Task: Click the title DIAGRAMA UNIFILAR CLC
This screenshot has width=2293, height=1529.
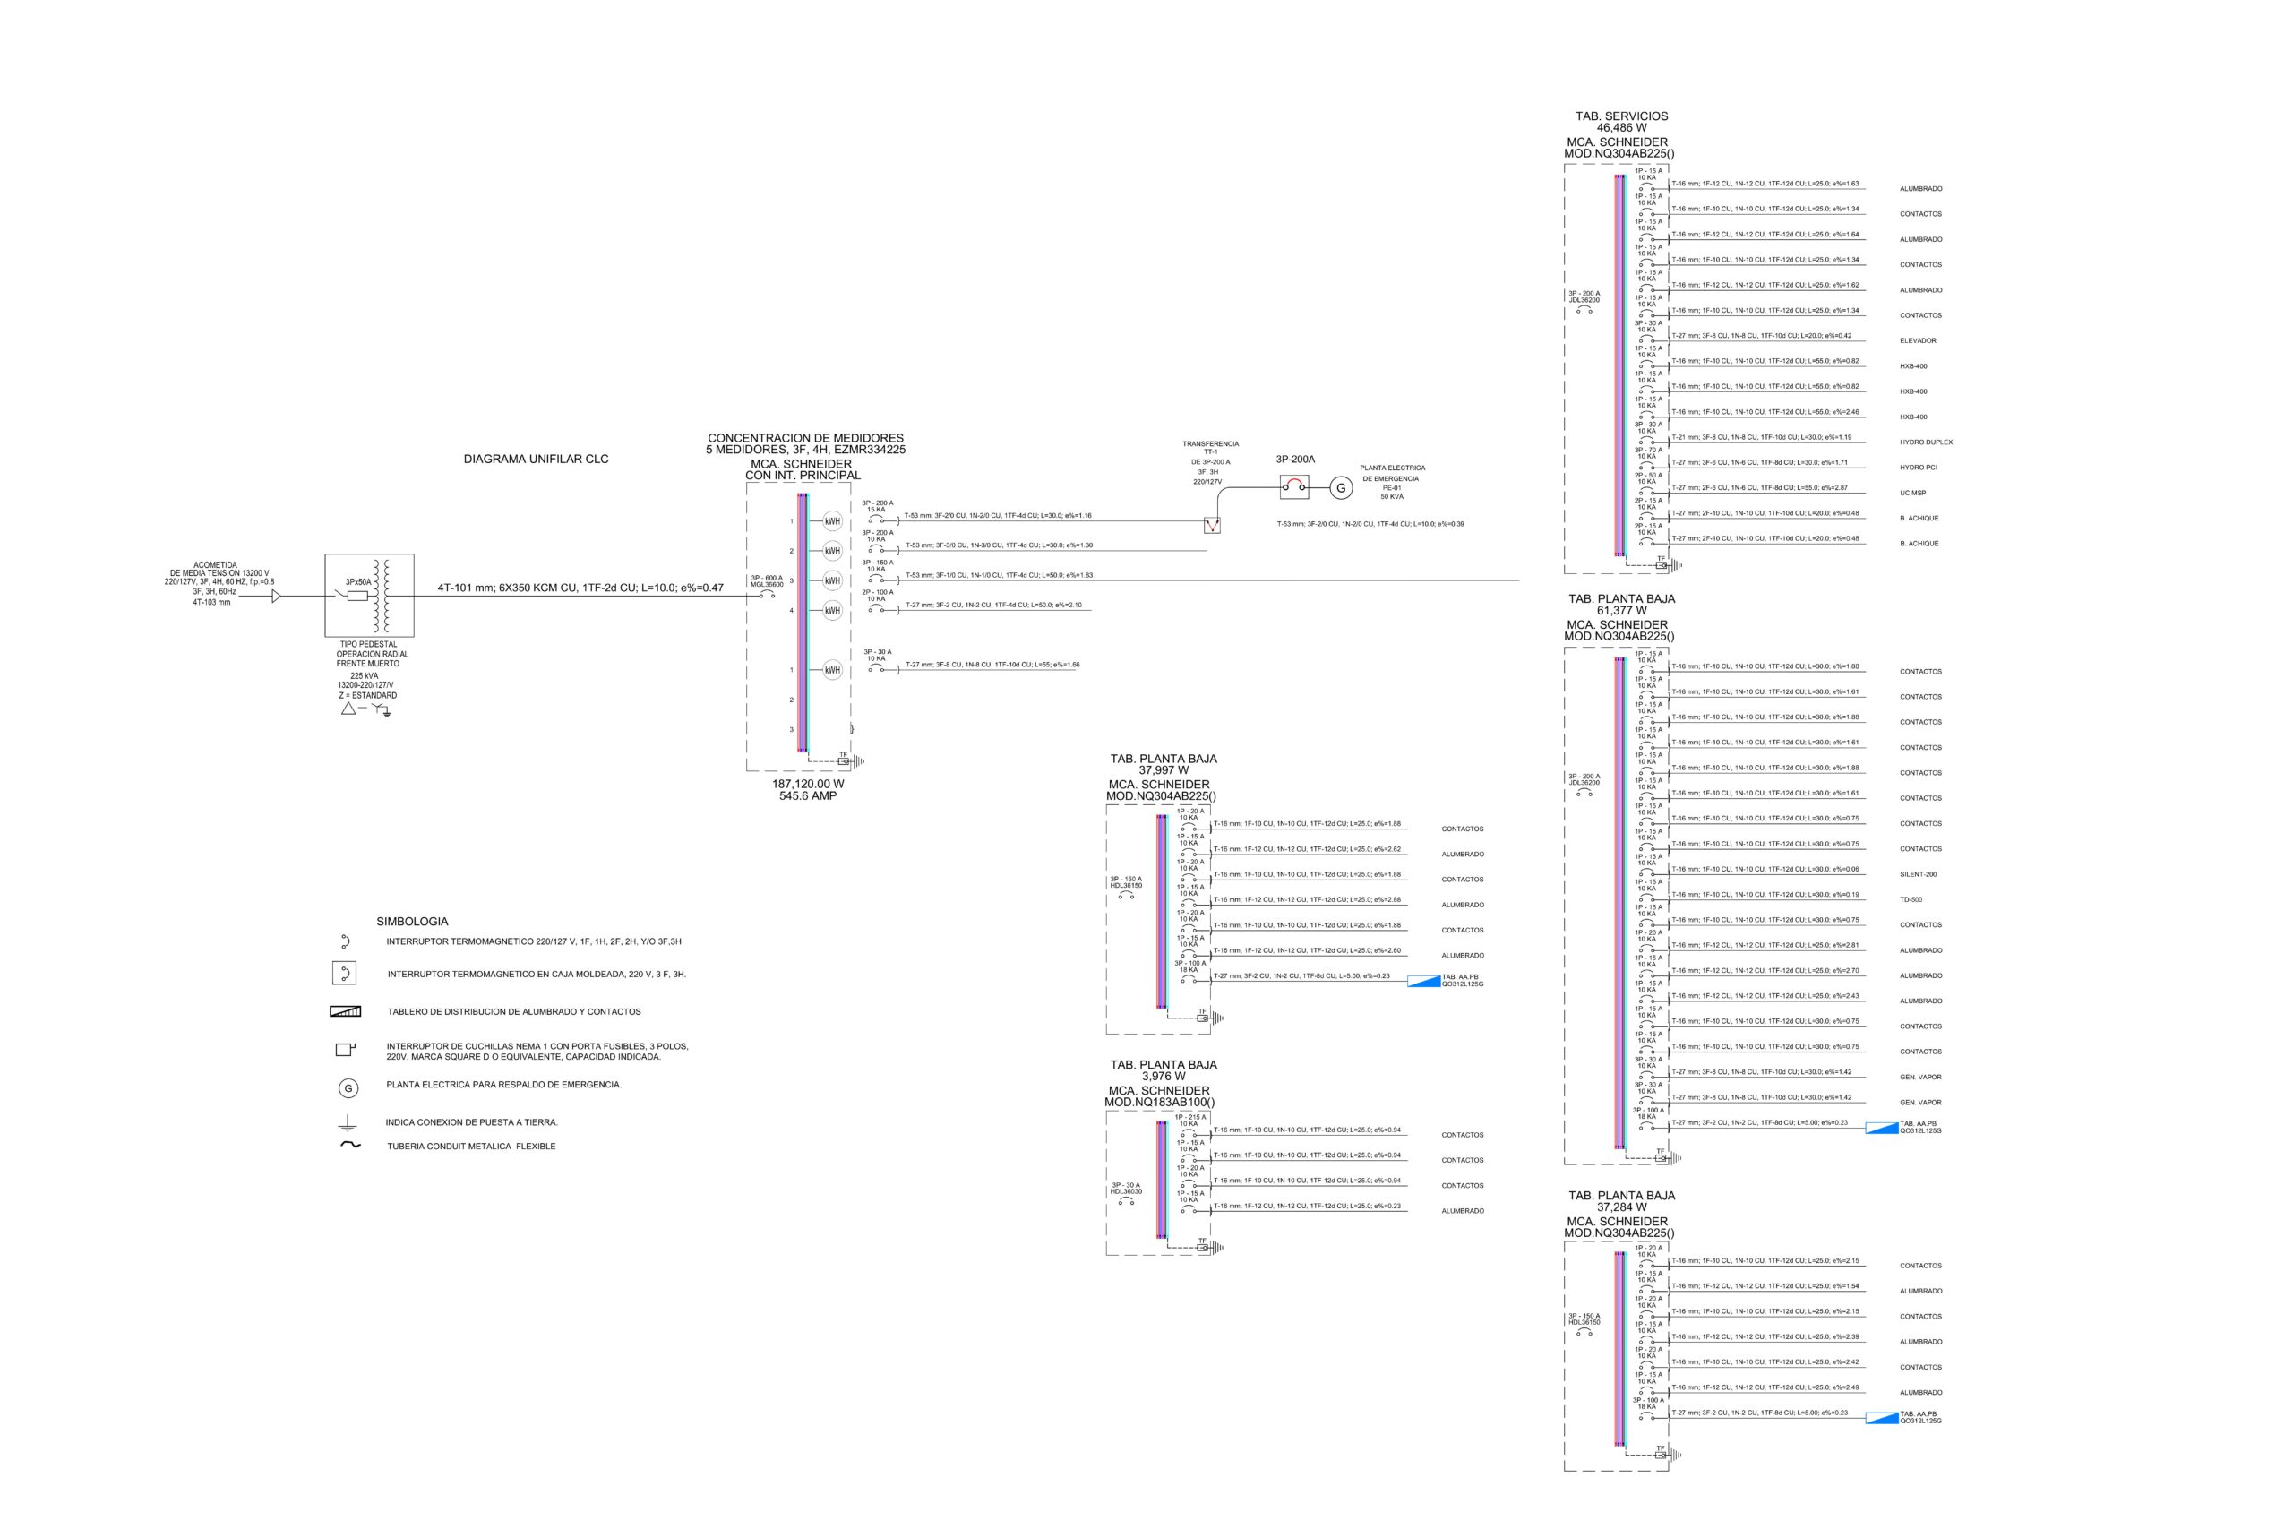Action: (536, 460)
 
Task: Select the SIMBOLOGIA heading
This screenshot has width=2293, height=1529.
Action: (412, 922)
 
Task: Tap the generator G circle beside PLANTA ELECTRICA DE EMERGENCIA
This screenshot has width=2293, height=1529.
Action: (1341, 488)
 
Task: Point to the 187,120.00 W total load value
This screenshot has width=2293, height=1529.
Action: (807, 784)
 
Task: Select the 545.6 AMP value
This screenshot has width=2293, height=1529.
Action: (807, 795)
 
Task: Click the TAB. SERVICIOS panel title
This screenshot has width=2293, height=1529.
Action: (1621, 116)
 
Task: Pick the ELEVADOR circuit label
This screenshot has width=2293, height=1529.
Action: (1918, 341)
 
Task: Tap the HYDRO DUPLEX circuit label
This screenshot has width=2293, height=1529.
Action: (1926, 442)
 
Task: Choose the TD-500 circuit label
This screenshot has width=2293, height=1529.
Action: (1911, 900)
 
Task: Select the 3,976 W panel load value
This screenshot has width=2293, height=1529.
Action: (1164, 1077)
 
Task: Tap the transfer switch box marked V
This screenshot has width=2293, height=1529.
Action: (1212, 525)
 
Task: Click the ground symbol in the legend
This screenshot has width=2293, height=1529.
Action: (347, 1123)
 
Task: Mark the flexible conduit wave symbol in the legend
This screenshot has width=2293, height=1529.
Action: (350, 1146)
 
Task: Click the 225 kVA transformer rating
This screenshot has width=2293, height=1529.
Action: (365, 675)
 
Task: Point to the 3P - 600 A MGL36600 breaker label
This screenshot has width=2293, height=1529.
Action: (767, 581)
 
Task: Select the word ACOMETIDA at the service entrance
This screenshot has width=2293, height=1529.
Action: (216, 564)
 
